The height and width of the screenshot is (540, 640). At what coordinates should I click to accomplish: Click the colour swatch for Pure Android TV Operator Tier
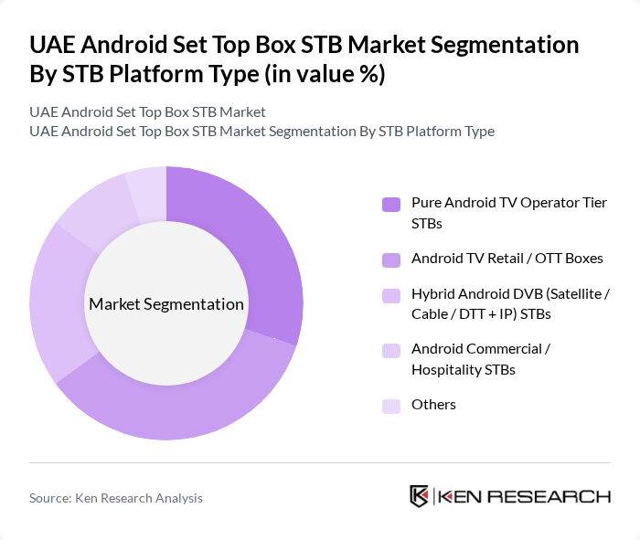(x=391, y=204)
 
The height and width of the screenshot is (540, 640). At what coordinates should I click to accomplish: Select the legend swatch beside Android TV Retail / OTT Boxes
(x=391, y=259)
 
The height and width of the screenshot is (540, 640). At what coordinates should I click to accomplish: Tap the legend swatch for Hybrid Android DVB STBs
(x=391, y=295)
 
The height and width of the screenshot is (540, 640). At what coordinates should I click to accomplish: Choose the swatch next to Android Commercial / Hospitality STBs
(x=391, y=350)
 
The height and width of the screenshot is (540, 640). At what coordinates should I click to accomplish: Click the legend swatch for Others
(x=391, y=406)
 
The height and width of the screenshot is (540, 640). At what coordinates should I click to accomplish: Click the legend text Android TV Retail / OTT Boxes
(x=507, y=259)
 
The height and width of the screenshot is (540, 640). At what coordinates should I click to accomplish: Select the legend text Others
(x=433, y=405)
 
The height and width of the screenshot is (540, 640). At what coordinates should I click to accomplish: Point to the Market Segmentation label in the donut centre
(x=166, y=304)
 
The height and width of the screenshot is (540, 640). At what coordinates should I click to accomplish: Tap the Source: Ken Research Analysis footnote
(x=116, y=498)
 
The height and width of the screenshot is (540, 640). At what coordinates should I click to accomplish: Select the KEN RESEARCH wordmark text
(x=525, y=497)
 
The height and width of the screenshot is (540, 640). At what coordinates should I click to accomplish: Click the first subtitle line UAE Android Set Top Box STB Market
(x=147, y=112)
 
